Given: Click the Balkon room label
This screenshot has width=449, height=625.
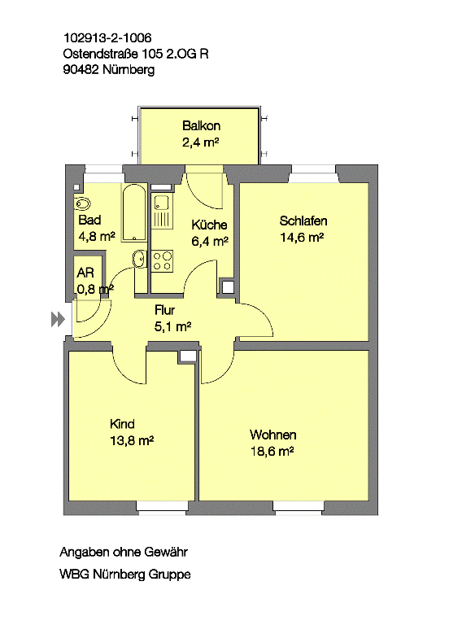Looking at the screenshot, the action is click(x=201, y=125).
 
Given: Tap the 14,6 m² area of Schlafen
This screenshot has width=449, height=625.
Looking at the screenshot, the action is click(x=302, y=237).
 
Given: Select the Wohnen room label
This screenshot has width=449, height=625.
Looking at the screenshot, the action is click(x=273, y=435).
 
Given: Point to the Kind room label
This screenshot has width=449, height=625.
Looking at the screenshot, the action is click(x=122, y=424).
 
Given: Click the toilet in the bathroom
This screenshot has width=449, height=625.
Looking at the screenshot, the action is click(x=81, y=203).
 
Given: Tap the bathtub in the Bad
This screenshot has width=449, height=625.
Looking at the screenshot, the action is click(x=134, y=212).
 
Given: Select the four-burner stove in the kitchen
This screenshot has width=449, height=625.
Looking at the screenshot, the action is click(x=162, y=261).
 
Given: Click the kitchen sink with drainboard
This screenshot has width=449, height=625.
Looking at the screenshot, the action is click(x=162, y=212).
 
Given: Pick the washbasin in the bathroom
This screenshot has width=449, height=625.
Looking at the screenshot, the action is click(x=139, y=260).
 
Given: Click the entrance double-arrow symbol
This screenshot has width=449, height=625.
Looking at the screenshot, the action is click(x=58, y=319).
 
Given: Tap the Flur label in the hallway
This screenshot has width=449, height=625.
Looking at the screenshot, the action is click(x=164, y=310).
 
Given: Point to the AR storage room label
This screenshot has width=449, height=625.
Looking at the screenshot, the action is click(x=85, y=273).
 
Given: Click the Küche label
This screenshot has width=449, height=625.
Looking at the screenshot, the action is click(x=209, y=225).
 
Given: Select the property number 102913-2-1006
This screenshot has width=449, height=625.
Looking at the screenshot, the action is click(x=107, y=38).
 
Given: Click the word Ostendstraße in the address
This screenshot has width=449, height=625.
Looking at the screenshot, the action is click(x=101, y=54).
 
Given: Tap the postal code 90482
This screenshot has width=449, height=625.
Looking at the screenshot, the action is click(x=81, y=69).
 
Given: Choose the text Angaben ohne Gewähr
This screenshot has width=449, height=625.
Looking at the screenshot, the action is click(x=124, y=552).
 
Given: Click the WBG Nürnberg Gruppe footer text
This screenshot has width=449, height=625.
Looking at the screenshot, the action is click(x=125, y=575).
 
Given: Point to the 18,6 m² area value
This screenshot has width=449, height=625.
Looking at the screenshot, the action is click(x=272, y=451).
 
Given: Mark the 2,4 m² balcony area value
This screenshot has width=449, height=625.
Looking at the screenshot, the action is click(x=201, y=142).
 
